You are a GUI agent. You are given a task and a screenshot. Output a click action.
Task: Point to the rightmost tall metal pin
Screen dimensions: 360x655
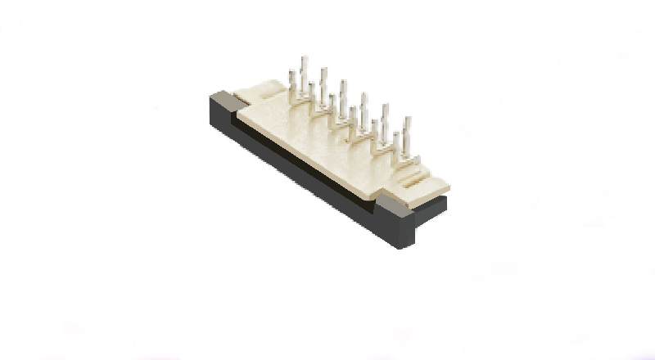(x=407, y=130)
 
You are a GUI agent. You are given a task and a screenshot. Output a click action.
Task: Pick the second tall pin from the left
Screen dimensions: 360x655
(x=324, y=79)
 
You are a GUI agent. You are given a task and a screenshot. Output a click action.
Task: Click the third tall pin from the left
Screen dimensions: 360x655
(x=343, y=91)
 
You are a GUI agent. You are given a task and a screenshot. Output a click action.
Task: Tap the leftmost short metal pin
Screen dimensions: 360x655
(x=293, y=81)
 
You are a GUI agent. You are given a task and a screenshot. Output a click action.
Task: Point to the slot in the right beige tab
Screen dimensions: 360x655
(x=418, y=178)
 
